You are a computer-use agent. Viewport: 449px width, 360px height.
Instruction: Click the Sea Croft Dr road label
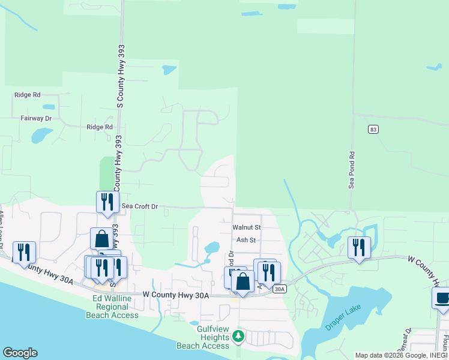(139, 206)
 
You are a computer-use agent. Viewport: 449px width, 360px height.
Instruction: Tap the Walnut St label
(247, 227)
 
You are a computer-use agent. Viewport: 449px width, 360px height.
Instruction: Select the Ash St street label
(246, 240)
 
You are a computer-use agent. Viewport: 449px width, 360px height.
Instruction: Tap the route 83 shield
(373, 130)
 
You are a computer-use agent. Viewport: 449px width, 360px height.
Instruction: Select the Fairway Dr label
(36, 119)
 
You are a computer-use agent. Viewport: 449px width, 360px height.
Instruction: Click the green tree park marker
(238, 335)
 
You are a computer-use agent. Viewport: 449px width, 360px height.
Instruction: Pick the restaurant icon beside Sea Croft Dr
(107, 202)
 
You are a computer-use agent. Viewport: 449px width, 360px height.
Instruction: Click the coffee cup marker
(443, 298)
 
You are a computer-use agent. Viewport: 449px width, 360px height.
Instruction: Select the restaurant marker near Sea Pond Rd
(359, 247)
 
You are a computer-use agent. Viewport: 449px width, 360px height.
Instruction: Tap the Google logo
(20, 353)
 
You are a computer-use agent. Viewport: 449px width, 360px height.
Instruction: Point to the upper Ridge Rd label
(28, 95)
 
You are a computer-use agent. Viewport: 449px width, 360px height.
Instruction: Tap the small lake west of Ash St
(212, 247)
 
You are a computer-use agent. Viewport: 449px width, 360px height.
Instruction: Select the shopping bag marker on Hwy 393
(101, 238)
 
